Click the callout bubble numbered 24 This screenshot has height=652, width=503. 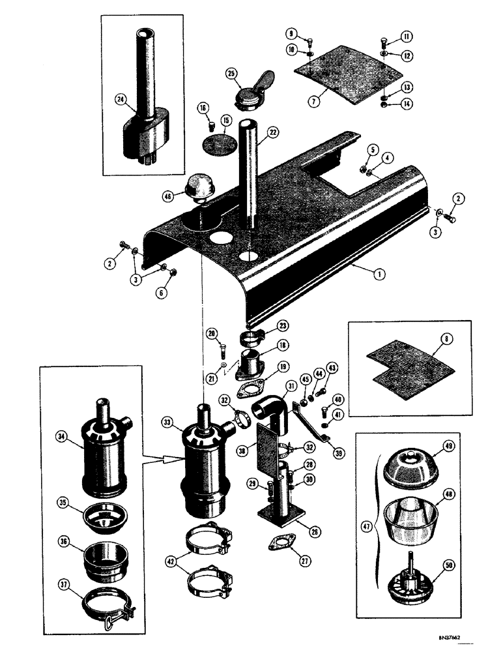click(x=120, y=99)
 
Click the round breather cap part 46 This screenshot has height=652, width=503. click(x=201, y=189)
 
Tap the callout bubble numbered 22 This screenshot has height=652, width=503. click(x=273, y=132)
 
